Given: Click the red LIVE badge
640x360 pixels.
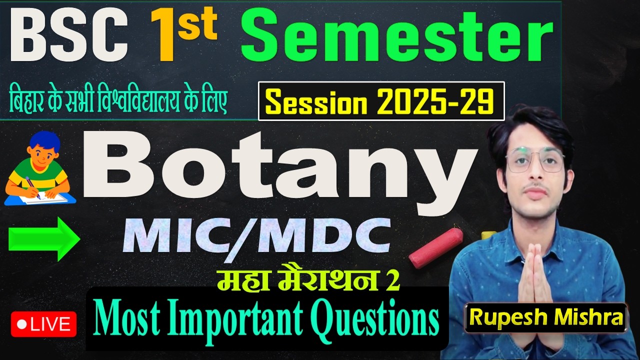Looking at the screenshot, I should coord(44,324).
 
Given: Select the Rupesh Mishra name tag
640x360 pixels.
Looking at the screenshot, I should coord(545,317).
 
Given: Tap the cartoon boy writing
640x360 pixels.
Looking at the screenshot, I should coord(37,170).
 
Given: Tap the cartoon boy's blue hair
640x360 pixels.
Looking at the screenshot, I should coord(44,140).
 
